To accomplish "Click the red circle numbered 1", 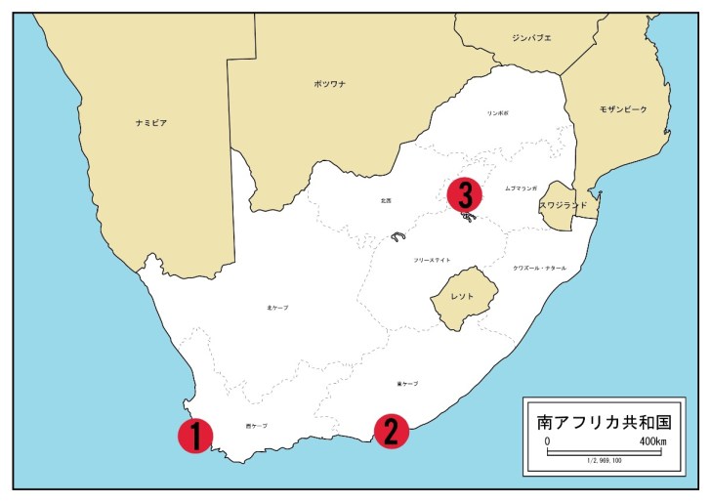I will pos(195,436).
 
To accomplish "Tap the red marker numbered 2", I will pos(391,431).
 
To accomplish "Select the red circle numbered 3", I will pos(465,193).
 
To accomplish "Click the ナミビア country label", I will pos(151,123).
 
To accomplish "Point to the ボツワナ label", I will pos(329,85).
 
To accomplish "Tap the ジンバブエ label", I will pos(531,38).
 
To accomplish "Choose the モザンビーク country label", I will pos(622,109).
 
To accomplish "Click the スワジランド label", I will pos(563,206).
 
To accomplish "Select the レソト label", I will pos(463,294).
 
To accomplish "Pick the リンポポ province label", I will pos(498,113).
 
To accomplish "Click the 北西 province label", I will pos(386,200).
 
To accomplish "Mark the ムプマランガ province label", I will pos(522,188).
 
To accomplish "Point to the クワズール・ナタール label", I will pos(539,268).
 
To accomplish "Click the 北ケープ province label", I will pos(277,308).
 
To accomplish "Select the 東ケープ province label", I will pos(407,384).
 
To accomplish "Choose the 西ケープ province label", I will pos(256,426).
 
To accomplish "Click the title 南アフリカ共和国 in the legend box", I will pos(604,423).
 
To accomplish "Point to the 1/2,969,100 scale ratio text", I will pos(604,460).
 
